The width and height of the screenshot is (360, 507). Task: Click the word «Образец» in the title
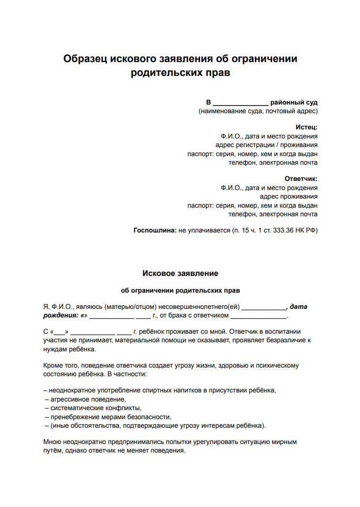coord(85,59)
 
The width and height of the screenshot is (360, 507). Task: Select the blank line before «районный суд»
coord(240,103)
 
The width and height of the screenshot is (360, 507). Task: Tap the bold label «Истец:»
coord(307,127)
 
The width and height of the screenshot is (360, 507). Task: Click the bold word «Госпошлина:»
coord(155,231)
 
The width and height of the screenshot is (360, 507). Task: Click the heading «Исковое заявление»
coord(180,274)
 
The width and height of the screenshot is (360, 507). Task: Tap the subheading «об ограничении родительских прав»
coord(180,290)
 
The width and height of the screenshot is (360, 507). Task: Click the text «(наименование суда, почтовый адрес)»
coord(258,111)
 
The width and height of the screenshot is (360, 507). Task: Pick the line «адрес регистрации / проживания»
coord(266,145)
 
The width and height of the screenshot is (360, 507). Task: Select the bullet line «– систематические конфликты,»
coord(93,408)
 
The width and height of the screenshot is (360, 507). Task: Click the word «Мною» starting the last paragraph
coord(52,442)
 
